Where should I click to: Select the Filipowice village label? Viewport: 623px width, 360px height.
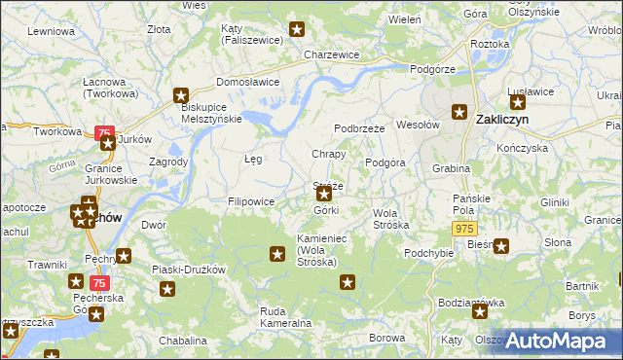(251, 201)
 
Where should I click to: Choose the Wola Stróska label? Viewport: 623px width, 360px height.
(391, 218)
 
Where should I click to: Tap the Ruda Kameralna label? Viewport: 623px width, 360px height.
(285, 316)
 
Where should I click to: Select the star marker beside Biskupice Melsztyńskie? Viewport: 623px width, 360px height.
(181, 94)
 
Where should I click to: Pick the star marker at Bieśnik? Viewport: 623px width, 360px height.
(501, 246)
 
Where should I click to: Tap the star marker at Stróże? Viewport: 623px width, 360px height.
(324, 195)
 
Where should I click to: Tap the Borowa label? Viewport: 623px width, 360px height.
(387, 338)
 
